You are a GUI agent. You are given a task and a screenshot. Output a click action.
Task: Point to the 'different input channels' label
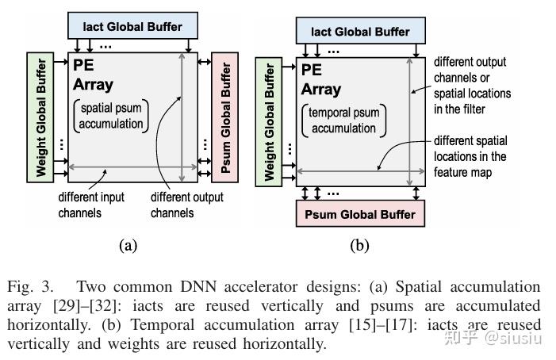[90, 205]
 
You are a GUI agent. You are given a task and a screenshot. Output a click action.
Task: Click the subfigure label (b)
[359, 245]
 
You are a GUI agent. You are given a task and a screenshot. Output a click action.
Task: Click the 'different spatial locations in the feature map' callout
[473, 155]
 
